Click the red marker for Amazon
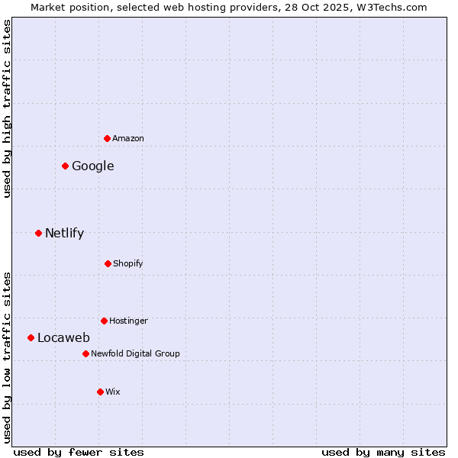(x=108, y=138)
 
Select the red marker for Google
(x=66, y=166)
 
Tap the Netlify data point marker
(x=38, y=233)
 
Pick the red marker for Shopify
(x=108, y=263)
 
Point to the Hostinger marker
(x=104, y=321)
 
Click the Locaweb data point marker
(x=31, y=337)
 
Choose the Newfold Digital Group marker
(x=85, y=353)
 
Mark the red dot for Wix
(x=100, y=392)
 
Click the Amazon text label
(x=128, y=138)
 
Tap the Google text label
(x=93, y=166)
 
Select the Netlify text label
(x=64, y=233)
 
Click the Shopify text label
(x=128, y=263)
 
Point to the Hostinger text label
(x=128, y=321)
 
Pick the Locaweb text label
(x=63, y=337)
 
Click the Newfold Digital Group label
(x=135, y=353)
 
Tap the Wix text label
(x=113, y=392)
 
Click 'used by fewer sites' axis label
(x=79, y=452)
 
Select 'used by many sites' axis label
(x=383, y=452)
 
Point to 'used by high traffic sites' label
(x=7, y=108)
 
